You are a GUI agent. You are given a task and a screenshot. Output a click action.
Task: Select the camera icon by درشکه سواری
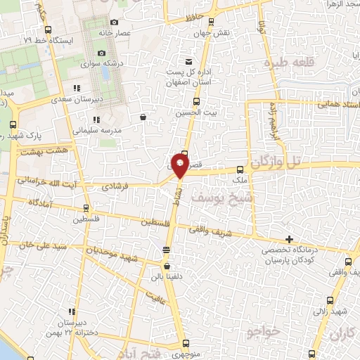click(x=101, y=53)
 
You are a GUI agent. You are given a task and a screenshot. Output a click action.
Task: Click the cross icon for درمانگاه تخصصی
click(x=289, y=239)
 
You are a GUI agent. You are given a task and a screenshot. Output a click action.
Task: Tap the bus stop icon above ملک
click(x=240, y=169)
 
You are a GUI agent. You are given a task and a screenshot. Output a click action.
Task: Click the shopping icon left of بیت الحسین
click(x=143, y=117)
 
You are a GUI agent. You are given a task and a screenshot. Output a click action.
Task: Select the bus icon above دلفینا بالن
click(x=166, y=266)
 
